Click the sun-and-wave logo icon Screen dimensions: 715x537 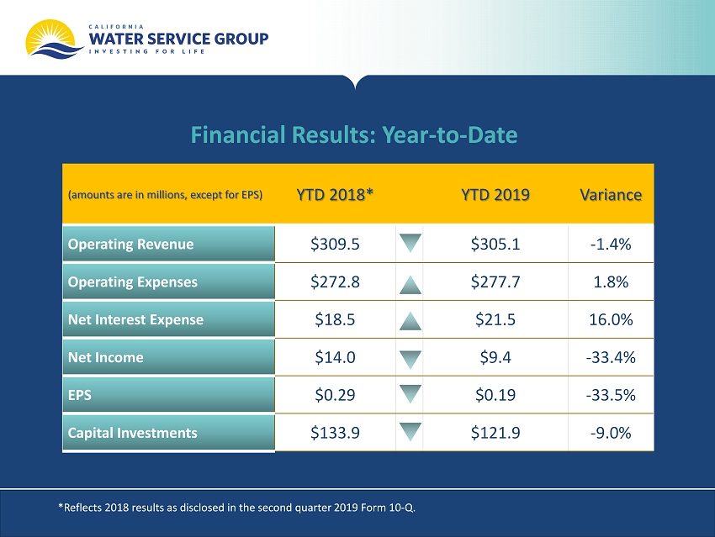(x=54, y=39)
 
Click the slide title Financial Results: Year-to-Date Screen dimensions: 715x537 (x=354, y=134)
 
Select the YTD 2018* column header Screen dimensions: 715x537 (x=335, y=194)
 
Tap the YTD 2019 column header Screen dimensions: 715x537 (x=495, y=194)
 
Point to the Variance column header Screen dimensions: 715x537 (x=611, y=195)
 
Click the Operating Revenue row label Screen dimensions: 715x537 (x=131, y=245)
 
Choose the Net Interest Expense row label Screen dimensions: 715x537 (x=136, y=319)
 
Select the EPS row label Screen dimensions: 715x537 (x=80, y=395)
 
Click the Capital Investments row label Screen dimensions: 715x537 (x=133, y=433)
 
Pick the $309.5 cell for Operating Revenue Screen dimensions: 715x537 (x=335, y=245)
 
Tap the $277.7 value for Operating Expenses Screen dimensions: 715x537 (x=495, y=282)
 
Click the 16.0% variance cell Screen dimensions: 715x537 (x=611, y=319)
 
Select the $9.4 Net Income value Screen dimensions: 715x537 (x=495, y=357)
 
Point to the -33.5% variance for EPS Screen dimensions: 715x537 (x=611, y=395)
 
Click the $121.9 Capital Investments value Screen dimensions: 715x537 (x=495, y=433)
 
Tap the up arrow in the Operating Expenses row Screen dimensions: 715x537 (x=410, y=285)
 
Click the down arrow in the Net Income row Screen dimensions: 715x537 (x=410, y=360)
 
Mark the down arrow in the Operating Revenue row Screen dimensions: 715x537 (x=410, y=243)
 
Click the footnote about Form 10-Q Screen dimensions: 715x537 (x=236, y=508)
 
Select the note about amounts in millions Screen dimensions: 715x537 (x=165, y=195)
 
